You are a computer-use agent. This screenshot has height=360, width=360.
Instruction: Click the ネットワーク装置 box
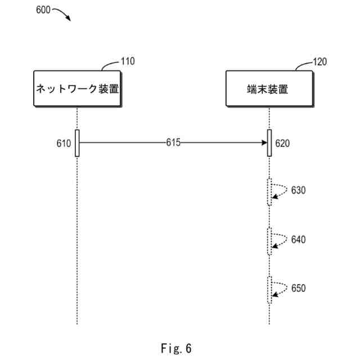(77, 89)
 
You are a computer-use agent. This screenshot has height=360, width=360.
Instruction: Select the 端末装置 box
(269, 89)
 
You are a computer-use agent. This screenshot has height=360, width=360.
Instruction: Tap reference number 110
(128, 61)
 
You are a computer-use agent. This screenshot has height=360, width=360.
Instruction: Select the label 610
(64, 143)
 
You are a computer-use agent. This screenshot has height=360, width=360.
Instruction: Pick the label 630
(298, 190)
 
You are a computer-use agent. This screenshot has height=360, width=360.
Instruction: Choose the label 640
(298, 240)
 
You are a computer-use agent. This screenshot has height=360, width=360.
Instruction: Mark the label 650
(298, 289)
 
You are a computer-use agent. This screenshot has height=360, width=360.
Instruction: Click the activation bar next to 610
(77, 143)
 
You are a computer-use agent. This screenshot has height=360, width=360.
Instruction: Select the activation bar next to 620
(269, 143)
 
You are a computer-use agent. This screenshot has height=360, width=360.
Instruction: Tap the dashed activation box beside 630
(269, 192)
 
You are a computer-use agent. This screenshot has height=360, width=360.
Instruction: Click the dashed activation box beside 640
(269, 241)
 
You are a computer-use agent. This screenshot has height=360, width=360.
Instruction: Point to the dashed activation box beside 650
(269, 290)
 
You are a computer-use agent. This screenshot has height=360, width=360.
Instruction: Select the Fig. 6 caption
(175, 349)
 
